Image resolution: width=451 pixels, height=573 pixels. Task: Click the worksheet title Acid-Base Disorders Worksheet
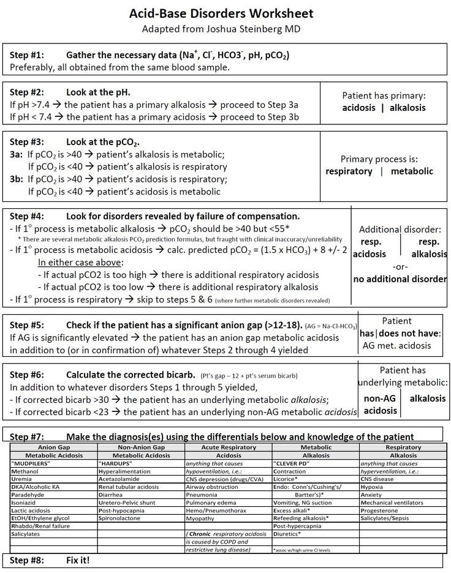225,13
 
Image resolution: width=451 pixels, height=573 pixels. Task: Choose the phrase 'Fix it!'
78,560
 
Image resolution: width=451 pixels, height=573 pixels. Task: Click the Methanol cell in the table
25,471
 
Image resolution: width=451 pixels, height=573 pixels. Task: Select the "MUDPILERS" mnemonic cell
31,463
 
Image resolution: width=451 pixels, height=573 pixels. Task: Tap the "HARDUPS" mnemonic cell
116,463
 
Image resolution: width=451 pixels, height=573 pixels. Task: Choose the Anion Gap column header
54,448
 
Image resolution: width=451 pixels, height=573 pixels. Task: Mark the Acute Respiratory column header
228,448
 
